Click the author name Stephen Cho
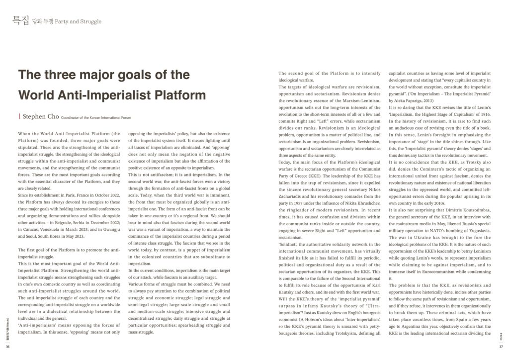click(x=40, y=117)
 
